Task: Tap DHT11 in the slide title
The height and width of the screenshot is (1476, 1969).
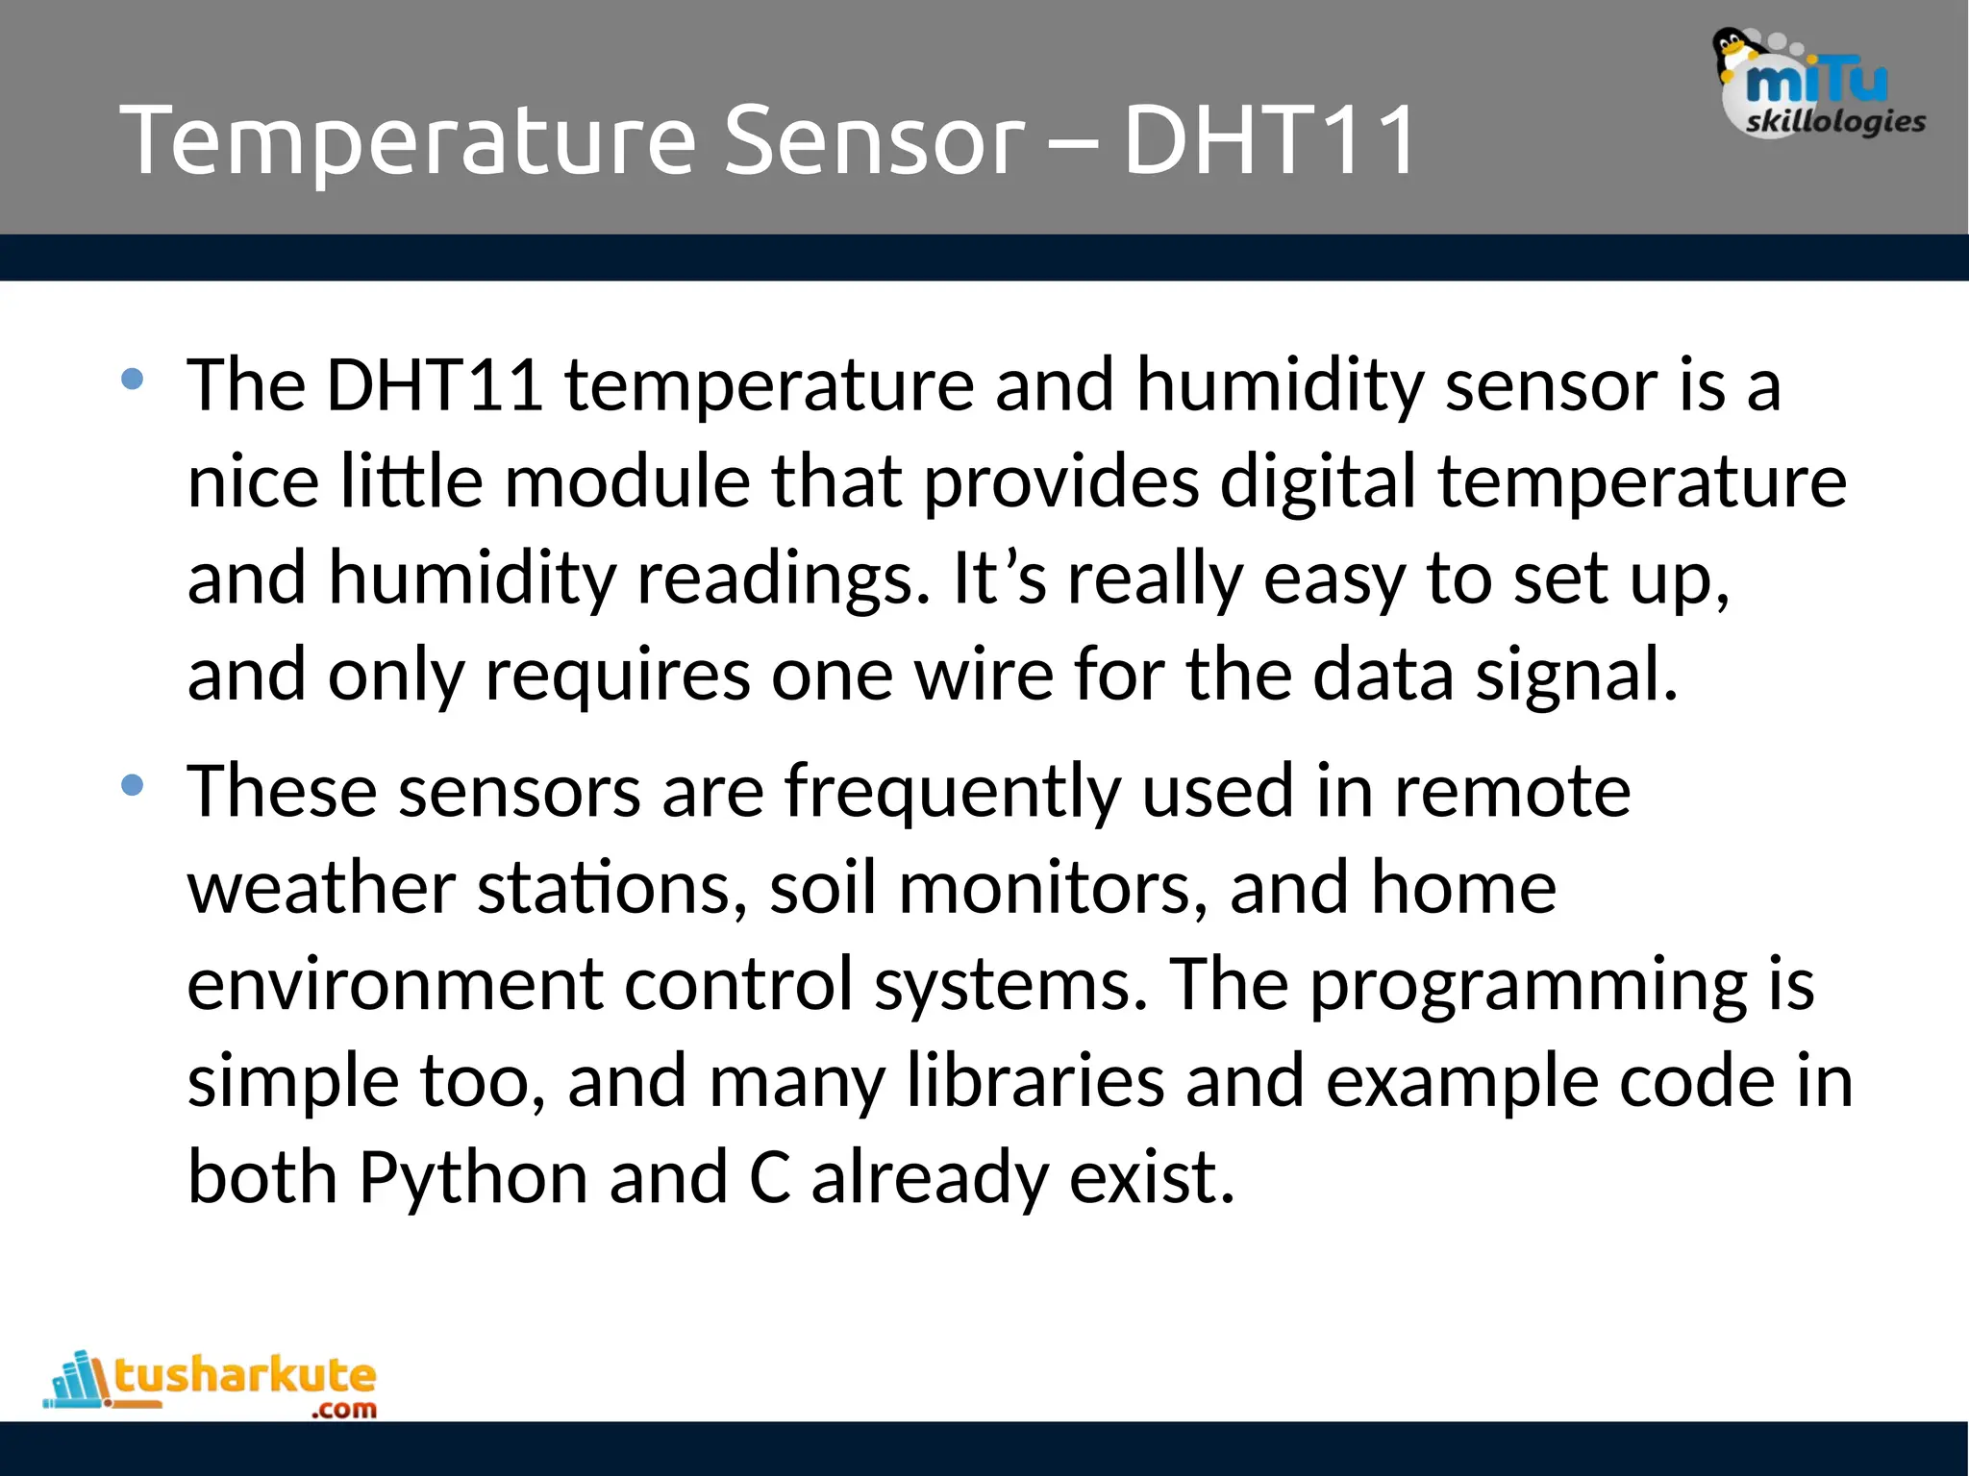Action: (x=1269, y=142)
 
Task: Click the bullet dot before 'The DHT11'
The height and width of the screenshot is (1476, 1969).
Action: (x=133, y=380)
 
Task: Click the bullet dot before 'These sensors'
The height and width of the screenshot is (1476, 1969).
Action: (x=133, y=786)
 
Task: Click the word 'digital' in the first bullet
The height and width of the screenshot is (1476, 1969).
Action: (x=1318, y=481)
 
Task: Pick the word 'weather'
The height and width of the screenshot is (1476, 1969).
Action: (x=321, y=889)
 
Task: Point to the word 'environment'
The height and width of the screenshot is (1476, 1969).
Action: (x=394, y=986)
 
